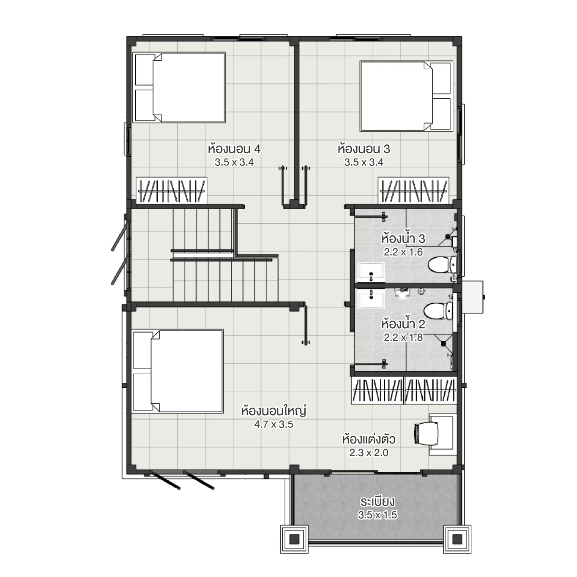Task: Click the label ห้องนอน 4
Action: tap(234, 149)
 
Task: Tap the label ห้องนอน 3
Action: tap(364, 149)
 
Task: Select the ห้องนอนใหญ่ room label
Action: tap(273, 411)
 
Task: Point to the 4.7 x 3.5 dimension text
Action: tap(273, 425)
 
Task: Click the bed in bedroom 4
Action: tap(180, 87)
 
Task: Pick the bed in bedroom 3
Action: tap(406, 96)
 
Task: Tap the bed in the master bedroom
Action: tap(178, 371)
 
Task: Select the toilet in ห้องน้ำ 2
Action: tap(438, 311)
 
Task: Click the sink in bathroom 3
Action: tap(371, 272)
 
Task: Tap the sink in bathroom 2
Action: tap(371, 299)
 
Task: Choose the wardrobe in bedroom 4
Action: tap(171, 191)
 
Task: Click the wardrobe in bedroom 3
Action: tap(413, 191)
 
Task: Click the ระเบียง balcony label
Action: tap(377, 501)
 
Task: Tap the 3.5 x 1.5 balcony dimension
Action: tap(377, 515)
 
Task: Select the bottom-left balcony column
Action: tap(294, 539)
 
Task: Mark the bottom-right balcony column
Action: tap(457, 539)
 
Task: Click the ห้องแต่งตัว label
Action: tap(369, 439)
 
